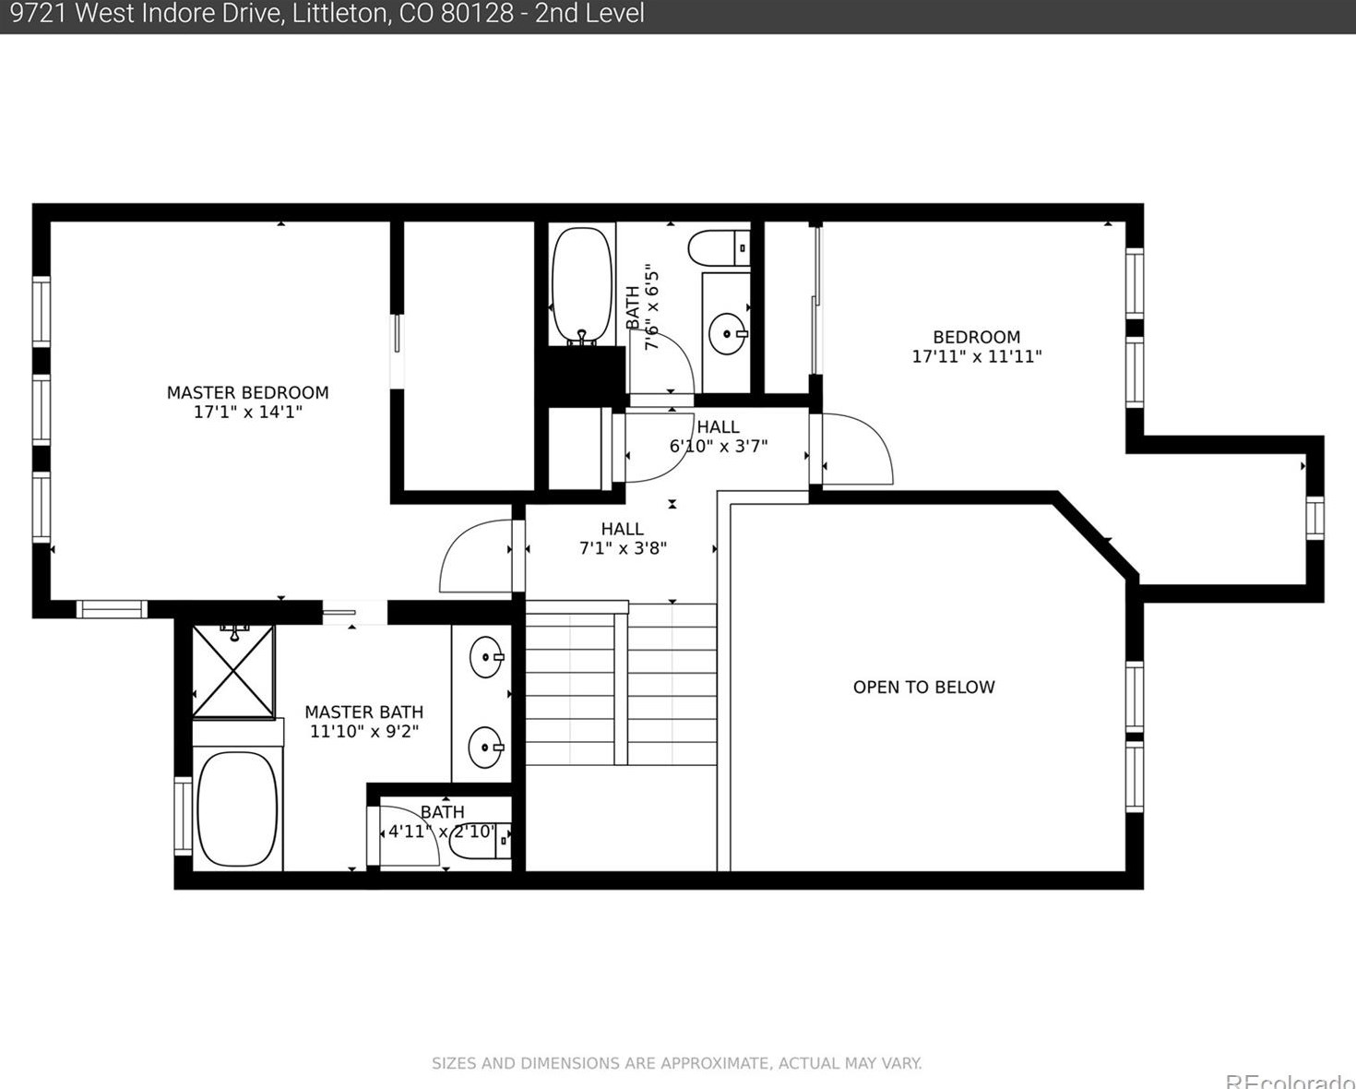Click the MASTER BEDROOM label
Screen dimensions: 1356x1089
tap(247, 392)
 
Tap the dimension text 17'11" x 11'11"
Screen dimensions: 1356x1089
tap(977, 356)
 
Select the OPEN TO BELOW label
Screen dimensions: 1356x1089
tap(923, 687)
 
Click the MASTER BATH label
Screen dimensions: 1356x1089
tap(363, 712)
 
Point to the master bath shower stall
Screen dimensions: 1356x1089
tap(233, 671)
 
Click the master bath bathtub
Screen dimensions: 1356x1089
tap(237, 809)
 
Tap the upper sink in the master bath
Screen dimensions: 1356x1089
tap(486, 657)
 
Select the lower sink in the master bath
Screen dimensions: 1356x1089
tap(486, 748)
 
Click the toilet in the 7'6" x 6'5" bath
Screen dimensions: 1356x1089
tap(719, 248)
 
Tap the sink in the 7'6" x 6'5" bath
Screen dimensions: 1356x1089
tap(728, 333)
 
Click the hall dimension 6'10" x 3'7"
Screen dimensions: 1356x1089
tap(719, 447)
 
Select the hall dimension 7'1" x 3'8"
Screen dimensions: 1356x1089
tap(623, 548)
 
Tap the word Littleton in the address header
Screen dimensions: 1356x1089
tap(339, 14)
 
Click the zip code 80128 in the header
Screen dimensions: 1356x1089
tap(477, 14)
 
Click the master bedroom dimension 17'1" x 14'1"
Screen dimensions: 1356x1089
tap(247, 413)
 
